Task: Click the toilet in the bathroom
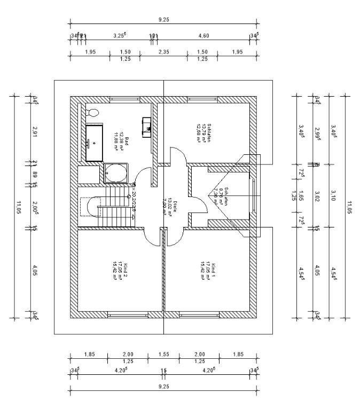(92, 113)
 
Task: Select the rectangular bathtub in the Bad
(95, 143)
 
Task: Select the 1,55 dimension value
(163, 354)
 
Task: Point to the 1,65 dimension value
(301, 194)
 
